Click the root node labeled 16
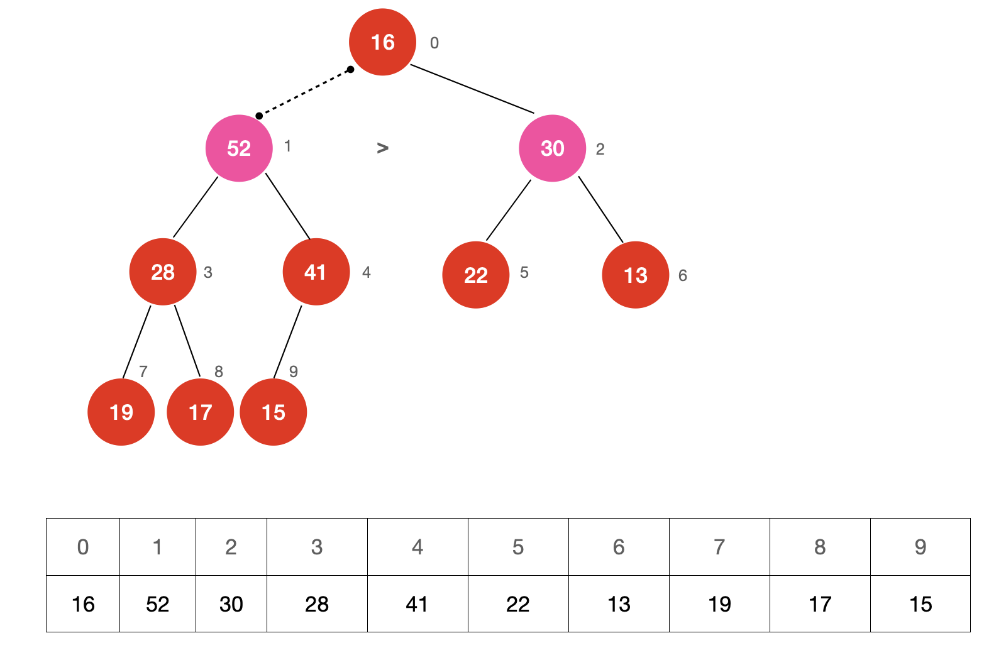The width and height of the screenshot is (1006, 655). point(382,42)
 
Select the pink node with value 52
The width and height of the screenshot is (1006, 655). point(239,148)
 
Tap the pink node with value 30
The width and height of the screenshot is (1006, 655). point(552,148)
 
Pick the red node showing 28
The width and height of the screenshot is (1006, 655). point(163,272)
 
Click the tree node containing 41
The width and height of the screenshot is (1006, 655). point(316,272)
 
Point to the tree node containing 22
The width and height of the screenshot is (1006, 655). point(476,275)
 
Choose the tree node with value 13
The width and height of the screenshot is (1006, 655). point(635,275)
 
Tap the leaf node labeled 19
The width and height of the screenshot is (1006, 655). point(121,412)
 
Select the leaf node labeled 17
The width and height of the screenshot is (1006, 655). point(200,412)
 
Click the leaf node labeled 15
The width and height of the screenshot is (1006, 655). point(274,412)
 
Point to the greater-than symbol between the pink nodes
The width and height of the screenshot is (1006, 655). point(382,148)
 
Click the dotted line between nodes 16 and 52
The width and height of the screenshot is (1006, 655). point(305,92)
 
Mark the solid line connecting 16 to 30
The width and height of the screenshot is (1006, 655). point(472,89)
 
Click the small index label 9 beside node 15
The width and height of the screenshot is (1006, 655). point(294,372)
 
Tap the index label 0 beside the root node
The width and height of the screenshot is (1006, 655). point(434,43)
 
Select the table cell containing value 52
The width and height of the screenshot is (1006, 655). point(158,604)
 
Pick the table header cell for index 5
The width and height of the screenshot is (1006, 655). point(518,547)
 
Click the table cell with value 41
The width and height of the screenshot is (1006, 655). point(417,604)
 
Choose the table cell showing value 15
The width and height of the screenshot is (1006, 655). point(920,604)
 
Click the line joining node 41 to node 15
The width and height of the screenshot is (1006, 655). point(287,342)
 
